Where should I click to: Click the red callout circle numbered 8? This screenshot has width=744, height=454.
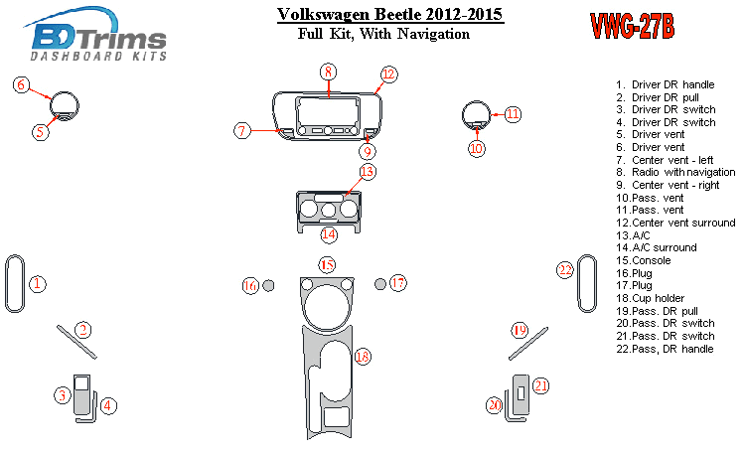[x=328, y=71]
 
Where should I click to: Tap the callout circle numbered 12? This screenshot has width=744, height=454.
[x=388, y=75]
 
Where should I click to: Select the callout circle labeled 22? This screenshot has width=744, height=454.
[x=564, y=270]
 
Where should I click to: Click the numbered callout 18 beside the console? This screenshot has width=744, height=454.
[x=363, y=356]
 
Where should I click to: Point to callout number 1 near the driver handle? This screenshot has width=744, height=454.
[x=37, y=284]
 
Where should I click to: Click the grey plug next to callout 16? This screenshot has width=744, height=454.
[x=268, y=286]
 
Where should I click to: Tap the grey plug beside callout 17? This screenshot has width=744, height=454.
[x=380, y=285]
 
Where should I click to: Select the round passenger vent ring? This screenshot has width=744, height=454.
[x=476, y=113]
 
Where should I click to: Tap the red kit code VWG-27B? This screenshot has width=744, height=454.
[x=632, y=26]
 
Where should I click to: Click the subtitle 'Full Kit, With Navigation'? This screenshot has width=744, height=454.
[x=383, y=35]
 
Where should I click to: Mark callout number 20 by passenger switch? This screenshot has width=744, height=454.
[x=495, y=404]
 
